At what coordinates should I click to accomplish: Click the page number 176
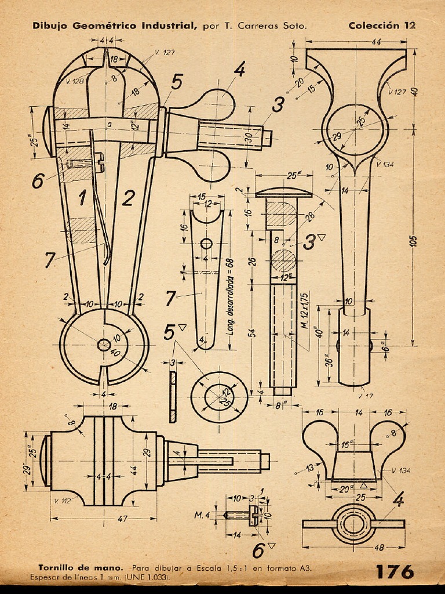pos(395,571)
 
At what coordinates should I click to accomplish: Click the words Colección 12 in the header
pos(382,26)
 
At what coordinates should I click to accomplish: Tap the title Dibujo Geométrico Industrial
pos(115,26)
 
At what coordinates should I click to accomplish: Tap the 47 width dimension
pos(122,519)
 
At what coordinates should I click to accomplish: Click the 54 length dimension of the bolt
pos(252,332)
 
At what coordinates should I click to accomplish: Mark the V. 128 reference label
pos(75,81)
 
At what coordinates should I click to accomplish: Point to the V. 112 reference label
pos(63,500)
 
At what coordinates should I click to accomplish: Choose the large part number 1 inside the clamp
pos(82,199)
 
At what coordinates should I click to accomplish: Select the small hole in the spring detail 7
pos(206,242)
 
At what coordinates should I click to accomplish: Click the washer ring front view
pos(219,397)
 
